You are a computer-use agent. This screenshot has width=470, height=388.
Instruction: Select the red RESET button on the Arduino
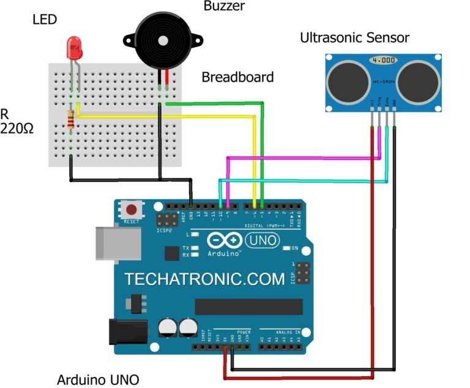coord(130,209)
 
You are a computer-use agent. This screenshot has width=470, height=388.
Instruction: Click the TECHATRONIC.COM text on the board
coord(204,279)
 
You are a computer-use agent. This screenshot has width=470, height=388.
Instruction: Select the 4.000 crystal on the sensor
coord(382,61)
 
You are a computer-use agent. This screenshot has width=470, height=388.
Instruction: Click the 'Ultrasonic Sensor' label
coord(354,38)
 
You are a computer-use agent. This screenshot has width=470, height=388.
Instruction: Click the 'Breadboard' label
coord(237,77)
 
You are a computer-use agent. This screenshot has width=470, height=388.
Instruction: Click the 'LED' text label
coord(44,20)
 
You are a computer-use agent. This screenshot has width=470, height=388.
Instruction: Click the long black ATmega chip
coord(248,306)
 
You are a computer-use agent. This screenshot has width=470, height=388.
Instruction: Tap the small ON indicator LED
coord(287,248)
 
